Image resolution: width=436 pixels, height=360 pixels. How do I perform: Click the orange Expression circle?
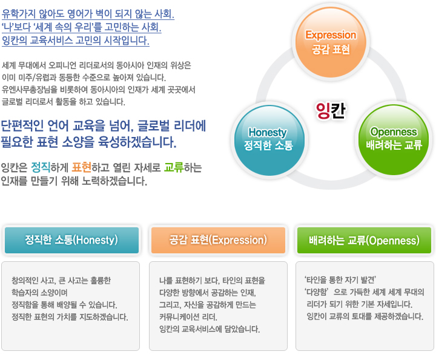coord(331,42)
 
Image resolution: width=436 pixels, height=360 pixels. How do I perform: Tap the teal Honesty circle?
coord(269,141)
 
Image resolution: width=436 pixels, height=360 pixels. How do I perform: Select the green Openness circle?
coord(394,140)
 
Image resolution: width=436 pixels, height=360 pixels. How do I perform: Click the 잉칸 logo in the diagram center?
coord(331,111)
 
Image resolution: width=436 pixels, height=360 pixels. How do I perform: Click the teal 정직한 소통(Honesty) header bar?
coord(71,240)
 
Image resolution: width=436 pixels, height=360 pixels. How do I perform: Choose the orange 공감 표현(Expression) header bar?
coord(218,240)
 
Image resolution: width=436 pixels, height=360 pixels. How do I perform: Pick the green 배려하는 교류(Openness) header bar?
coord(364,240)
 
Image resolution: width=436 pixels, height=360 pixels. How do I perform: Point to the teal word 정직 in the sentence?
coord(41,167)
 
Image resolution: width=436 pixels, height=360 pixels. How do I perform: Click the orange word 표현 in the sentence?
coord(82,167)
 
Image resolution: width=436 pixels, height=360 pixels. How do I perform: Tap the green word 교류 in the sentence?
coord(174,167)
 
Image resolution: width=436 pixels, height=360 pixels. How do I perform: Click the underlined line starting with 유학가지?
coord(88,14)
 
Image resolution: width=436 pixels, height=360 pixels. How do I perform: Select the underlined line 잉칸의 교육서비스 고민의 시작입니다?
coord(76,41)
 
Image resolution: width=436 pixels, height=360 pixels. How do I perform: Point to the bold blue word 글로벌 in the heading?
coord(153,125)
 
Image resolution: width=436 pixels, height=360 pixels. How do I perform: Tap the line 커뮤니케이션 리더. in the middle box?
coord(188,317)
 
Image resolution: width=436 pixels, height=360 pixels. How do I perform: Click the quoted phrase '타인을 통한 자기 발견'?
coord(340,279)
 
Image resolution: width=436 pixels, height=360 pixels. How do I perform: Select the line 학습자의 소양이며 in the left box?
coord(39,293)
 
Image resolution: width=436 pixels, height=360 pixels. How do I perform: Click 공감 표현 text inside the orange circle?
coord(331,50)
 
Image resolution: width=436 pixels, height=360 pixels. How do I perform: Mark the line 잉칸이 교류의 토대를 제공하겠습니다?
coord(365,316)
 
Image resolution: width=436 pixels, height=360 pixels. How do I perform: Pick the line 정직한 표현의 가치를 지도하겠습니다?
coord(70,317)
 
